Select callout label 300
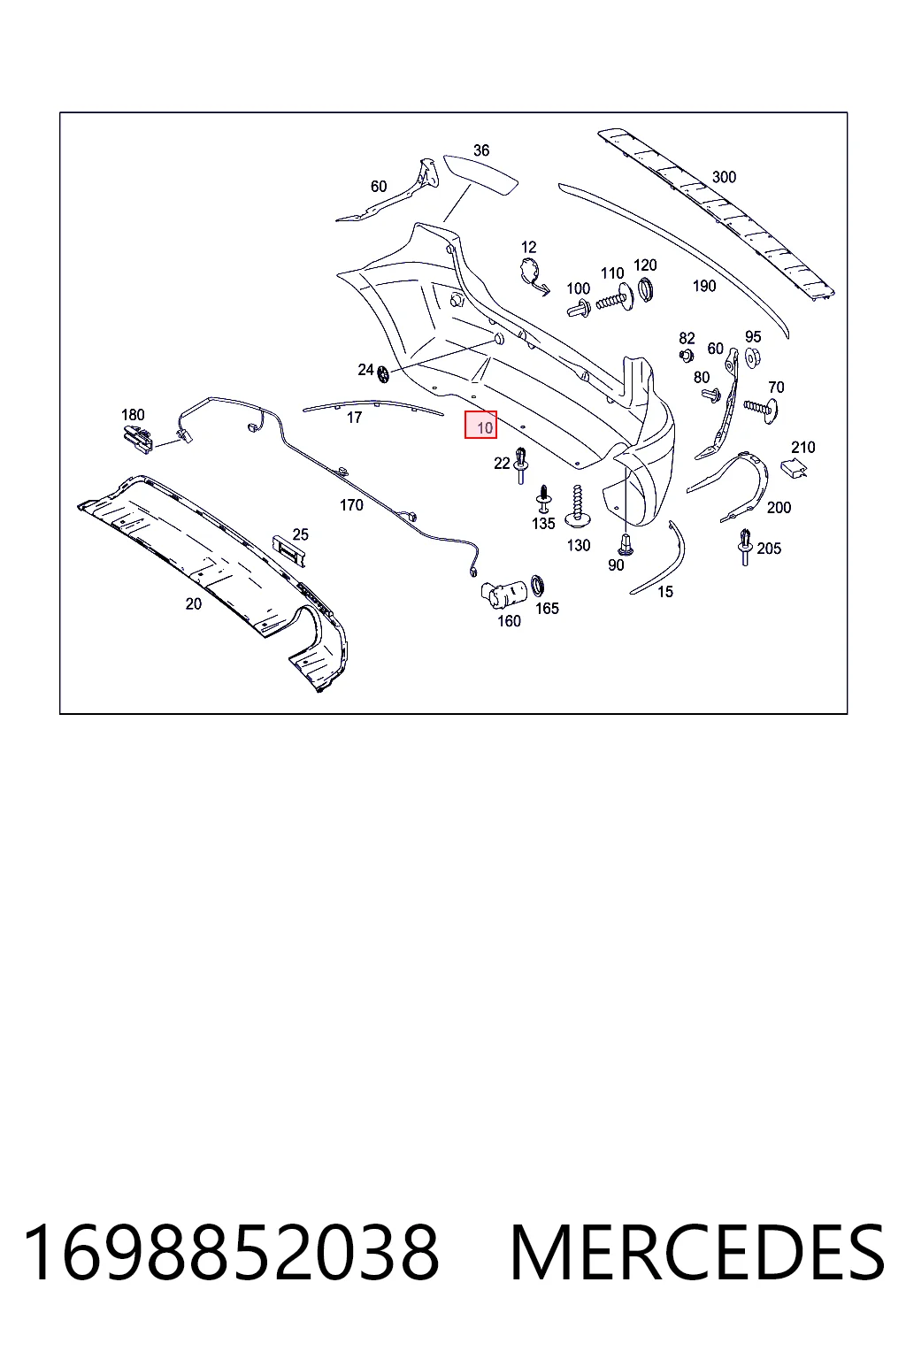point(724,177)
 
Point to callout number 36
point(481,150)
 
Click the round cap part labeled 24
point(383,374)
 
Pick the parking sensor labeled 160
point(503,594)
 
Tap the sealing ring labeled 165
point(538,586)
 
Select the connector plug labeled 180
point(138,439)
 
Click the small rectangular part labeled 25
point(288,550)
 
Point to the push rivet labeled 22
point(521,465)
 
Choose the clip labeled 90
point(625,544)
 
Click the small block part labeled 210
point(793,468)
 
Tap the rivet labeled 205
point(745,548)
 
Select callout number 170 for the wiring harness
point(351,505)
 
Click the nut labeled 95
point(752,358)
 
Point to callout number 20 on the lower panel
point(194,604)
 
